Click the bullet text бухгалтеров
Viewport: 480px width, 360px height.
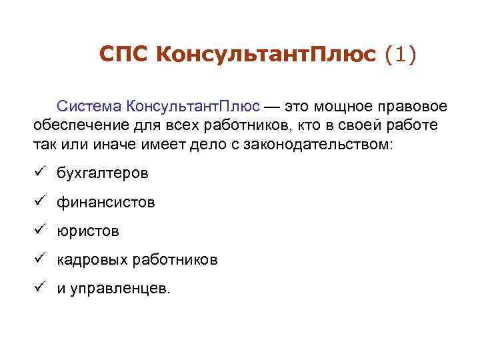pos(102,173)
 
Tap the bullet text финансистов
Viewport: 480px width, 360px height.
pos(105,202)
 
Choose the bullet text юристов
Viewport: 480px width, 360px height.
pos(87,231)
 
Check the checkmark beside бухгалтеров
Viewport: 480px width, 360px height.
pos(41,173)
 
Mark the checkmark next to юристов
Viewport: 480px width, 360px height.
pos(41,230)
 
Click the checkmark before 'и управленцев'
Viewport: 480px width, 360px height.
pos(41,288)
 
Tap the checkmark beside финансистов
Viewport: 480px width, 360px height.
pos(41,201)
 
